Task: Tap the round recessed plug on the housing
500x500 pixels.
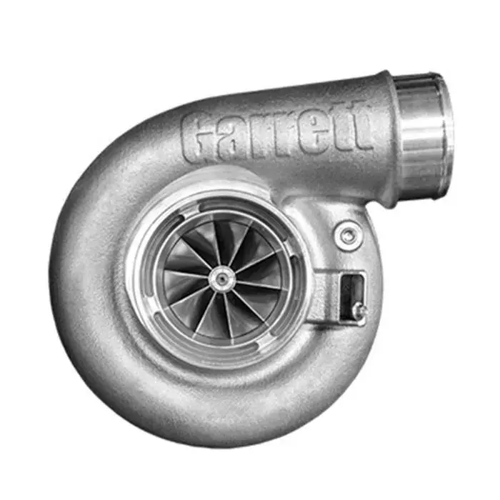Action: [x=348, y=235]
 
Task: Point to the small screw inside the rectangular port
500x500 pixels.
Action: [x=359, y=311]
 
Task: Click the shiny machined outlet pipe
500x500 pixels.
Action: [x=421, y=136]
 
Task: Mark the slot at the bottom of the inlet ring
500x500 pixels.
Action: [x=223, y=357]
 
